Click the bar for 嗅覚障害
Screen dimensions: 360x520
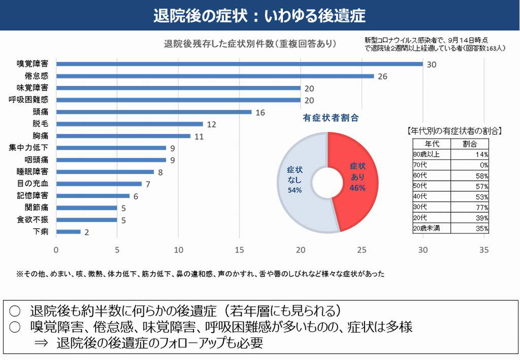coord(239,64)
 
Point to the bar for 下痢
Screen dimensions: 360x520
coord(69,232)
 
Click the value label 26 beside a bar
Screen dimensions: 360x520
coord(382,77)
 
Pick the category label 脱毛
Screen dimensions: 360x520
coord(40,124)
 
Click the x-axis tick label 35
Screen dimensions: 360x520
coord(484,250)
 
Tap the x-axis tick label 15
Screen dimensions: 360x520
coord(240,250)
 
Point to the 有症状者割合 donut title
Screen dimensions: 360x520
coord(331,118)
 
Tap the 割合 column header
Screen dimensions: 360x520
coord(470,144)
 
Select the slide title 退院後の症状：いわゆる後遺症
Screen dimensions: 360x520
coord(259,15)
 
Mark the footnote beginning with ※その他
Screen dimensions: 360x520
coord(200,274)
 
